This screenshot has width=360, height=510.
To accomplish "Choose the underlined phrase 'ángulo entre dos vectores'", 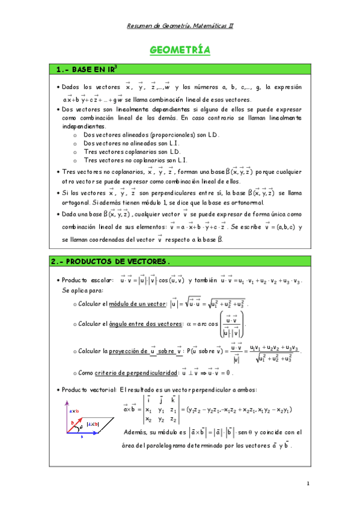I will tap(145, 324).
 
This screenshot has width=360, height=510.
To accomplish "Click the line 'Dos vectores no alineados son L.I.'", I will tap(131, 143).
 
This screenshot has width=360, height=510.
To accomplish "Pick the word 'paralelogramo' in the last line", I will tap(170, 446).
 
